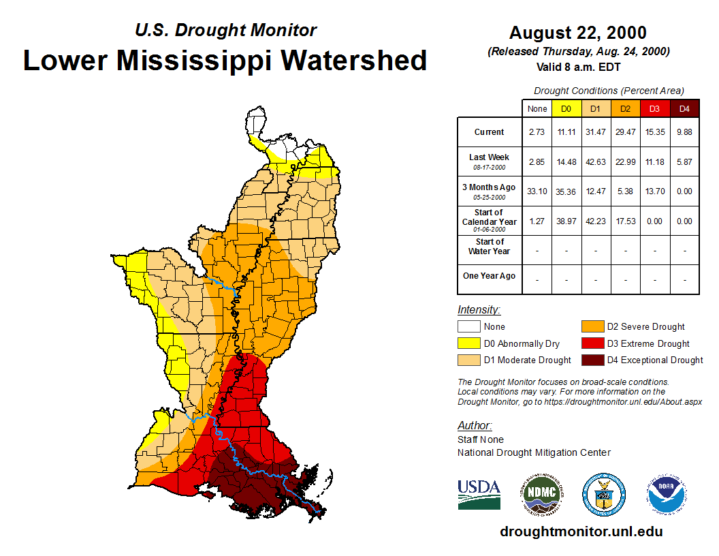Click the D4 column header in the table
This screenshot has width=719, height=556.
coord(684,108)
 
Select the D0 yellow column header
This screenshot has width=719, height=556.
coord(566,108)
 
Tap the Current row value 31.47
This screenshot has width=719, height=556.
coord(596,132)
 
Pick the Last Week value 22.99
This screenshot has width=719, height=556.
coord(625,161)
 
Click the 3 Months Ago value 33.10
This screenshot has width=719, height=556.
coord(537,191)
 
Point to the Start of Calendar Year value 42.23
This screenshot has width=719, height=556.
coord(596,221)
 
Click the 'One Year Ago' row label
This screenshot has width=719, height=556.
coord(489,276)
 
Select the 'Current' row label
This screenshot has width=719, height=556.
coord(490,132)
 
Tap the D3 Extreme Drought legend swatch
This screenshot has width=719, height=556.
coord(592,343)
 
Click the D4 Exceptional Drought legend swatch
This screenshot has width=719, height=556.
coord(592,360)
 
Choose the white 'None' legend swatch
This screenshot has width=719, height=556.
coord(468,327)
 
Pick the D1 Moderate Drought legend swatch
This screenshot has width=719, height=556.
coord(468,360)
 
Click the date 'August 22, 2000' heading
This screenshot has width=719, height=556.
coord(578,33)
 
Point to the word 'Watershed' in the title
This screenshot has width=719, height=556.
coord(354,60)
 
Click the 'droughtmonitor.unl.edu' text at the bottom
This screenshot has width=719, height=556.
coord(581,531)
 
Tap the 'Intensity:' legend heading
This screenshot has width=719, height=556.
coord(479,309)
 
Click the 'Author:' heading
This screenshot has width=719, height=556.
coord(474,426)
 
